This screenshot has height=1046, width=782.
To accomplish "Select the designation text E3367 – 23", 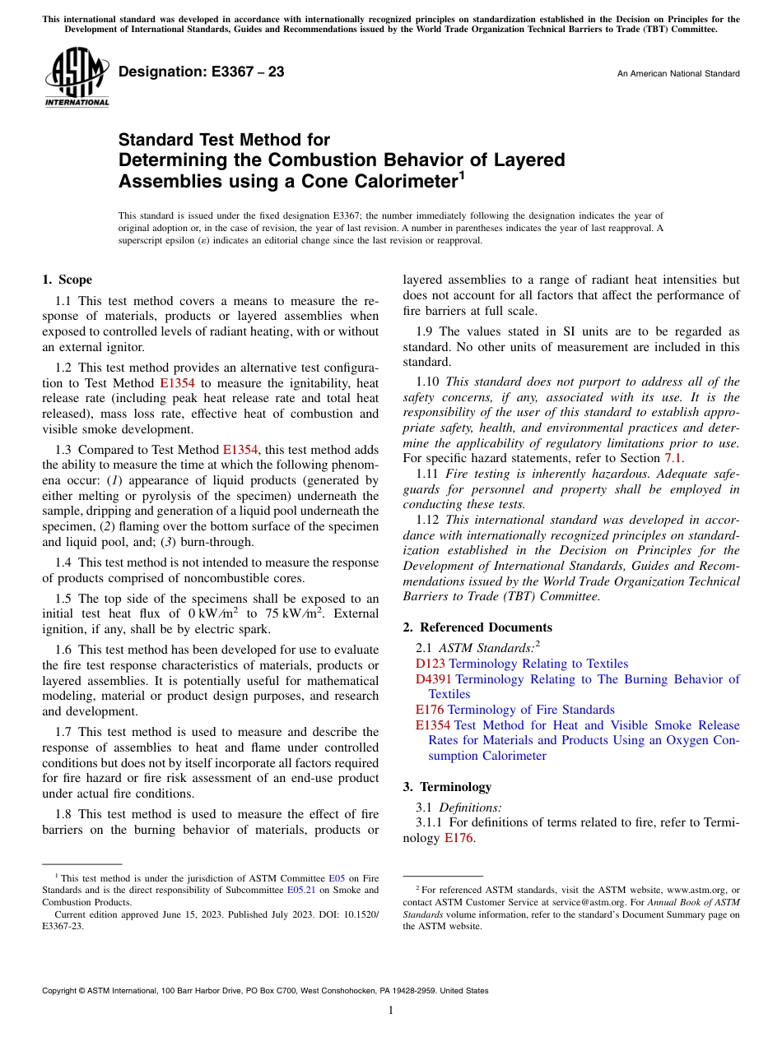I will pyautogui.click(x=202, y=72).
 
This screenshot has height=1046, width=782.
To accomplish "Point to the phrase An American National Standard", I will pyautogui.click(x=677, y=74).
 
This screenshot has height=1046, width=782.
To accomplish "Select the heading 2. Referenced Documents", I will pyautogui.click(x=477, y=627).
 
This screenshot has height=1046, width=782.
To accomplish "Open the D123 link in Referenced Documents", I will pyautogui.click(x=431, y=664).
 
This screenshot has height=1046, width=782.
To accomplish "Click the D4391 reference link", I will pyautogui.click(x=433, y=679).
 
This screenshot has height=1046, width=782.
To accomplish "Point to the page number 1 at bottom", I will pyautogui.click(x=391, y=1011).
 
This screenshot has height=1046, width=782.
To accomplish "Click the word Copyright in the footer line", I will pyautogui.click(x=61, y=992).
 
